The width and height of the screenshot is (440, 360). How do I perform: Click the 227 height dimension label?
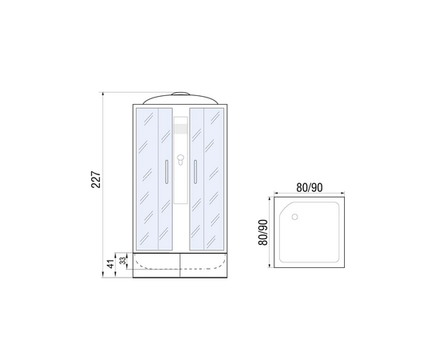pyautogui.click(x=96, y=179)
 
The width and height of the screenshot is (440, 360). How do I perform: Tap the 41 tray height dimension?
pyautogui.click(x=111, y=264)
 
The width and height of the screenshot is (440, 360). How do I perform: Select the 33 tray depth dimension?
pyautogui.click(x=122, y=261)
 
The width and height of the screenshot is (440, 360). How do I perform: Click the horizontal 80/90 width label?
pyautogui.click(x=310, y=188)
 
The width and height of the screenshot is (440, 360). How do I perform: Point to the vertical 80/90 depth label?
pyautogui.click(x=263, y=232)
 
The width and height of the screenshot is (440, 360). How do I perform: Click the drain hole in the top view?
pyautogui.click(x=294, y=217)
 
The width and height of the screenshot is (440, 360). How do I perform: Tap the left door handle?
pyautogui.click(x=166, y=172)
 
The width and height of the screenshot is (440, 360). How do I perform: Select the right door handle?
pyautogui.click(x=195, y=172)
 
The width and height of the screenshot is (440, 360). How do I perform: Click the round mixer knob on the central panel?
pyautogui.click(x=181, y=158)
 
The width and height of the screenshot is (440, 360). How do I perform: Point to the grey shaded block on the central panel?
pyautogui.click(x=181, y=129)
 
